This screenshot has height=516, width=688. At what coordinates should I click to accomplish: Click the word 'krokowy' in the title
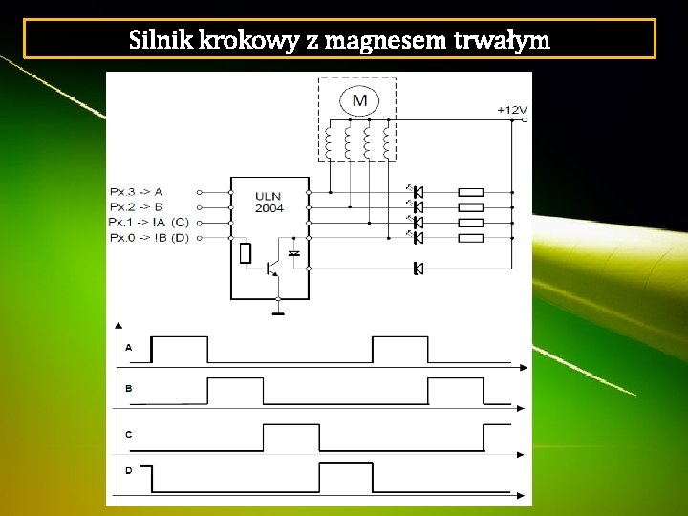252,41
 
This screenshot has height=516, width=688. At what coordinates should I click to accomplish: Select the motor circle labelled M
359,100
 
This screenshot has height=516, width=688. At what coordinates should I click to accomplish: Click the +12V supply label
511,110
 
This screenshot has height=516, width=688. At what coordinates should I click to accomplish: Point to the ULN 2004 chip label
269,203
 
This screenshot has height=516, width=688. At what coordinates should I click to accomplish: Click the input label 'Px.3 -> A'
137,191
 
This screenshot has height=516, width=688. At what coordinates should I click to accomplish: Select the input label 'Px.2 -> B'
137,206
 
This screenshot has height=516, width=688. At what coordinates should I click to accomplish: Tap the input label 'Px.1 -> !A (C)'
150,222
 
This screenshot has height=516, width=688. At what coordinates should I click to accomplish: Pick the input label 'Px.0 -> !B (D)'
150,236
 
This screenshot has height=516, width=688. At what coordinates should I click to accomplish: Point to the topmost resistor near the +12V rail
471,192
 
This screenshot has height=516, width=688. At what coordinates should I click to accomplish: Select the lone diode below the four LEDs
418,269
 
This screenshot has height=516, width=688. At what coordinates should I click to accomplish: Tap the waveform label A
129,348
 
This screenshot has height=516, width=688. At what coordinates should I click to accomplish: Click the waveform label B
129,389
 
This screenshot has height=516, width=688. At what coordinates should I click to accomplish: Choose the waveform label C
129,434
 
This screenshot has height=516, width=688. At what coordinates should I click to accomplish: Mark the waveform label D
129,470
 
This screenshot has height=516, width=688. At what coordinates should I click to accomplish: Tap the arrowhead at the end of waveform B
521,409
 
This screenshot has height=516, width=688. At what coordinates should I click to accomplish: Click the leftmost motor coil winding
329,144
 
